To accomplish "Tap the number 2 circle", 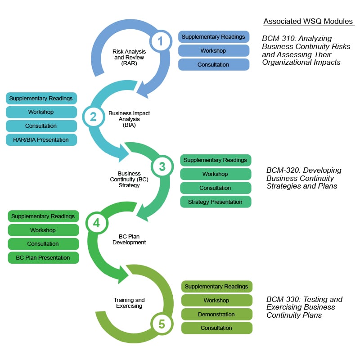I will click(x=93, y=117).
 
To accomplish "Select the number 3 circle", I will click(x=162, y=166).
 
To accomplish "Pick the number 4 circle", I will click(x=96, y=222).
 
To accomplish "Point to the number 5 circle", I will click(x=162, y=323).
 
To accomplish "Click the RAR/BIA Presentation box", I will click(x=41, y=140).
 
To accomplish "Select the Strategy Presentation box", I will click(x=216, y=202).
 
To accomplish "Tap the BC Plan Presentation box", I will click(x=43, y=258).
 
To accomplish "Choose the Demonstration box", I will click(x=216, y=315).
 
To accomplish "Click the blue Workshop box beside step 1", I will click(x=213, y=51).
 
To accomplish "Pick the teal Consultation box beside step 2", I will click(x=41, y=126).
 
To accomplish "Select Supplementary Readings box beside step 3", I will click(x=216, y=160).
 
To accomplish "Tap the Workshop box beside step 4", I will click(x=43, y=230).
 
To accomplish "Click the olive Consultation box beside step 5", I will click(x=216, y=328).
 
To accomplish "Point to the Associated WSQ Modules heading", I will click(x=308, y=22).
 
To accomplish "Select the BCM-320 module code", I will click(x=283, y=171).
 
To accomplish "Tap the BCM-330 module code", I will click(x=283, y=299).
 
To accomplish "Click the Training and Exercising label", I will click(x=129, y=303).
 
